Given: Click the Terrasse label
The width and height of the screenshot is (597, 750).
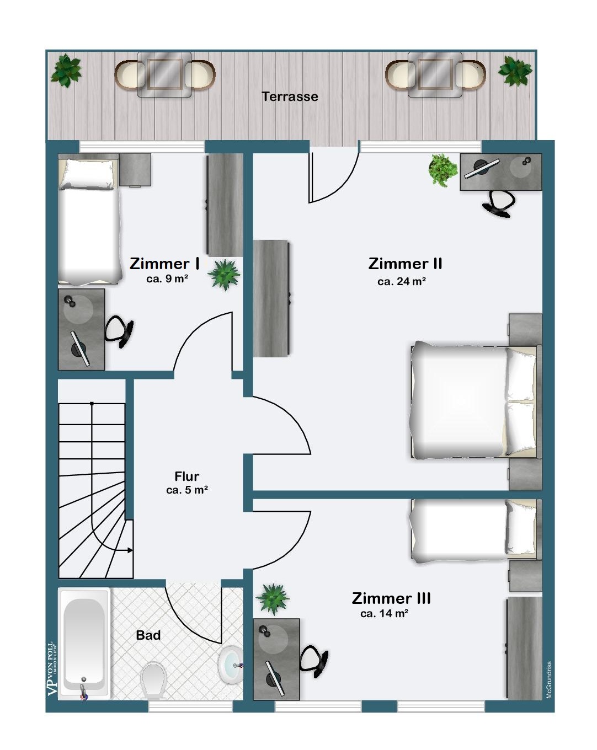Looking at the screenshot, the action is tap(290, 97).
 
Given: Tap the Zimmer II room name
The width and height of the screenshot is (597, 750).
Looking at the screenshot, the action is tap(405, 264).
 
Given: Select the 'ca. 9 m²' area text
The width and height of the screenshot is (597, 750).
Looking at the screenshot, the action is tap(167, 279).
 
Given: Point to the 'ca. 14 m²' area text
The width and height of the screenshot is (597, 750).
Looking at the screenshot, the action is tap(384, 613).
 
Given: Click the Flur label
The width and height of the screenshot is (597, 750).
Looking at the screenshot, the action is tap(187, 476).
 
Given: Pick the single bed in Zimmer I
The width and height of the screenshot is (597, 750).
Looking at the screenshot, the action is tap(89, 219).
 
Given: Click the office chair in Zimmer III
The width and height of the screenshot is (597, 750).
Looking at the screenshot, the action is tap(314, 661).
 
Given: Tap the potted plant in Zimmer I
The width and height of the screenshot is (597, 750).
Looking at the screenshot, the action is tap(224, 275).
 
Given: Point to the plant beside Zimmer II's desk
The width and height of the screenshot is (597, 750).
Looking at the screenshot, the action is tap(443, 170).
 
